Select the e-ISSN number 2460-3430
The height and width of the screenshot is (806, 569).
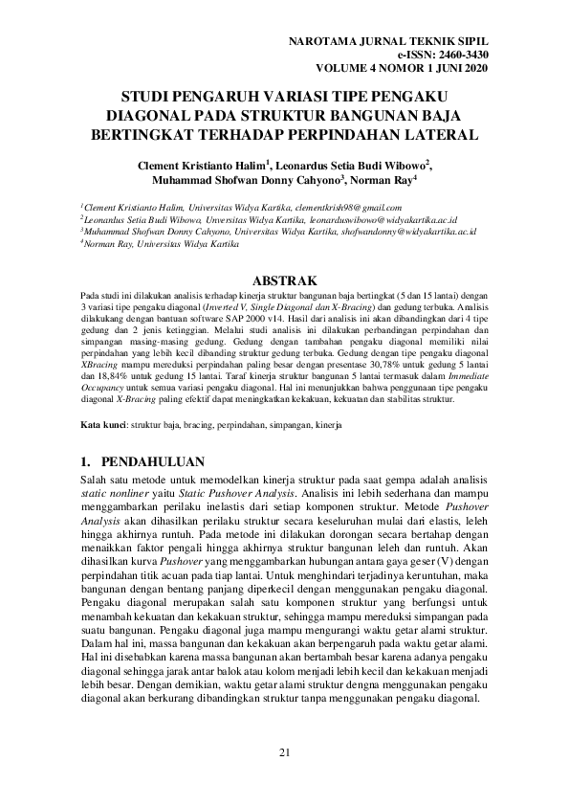[x=460, y=56]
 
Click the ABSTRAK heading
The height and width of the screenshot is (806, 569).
[x=283, y=280]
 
